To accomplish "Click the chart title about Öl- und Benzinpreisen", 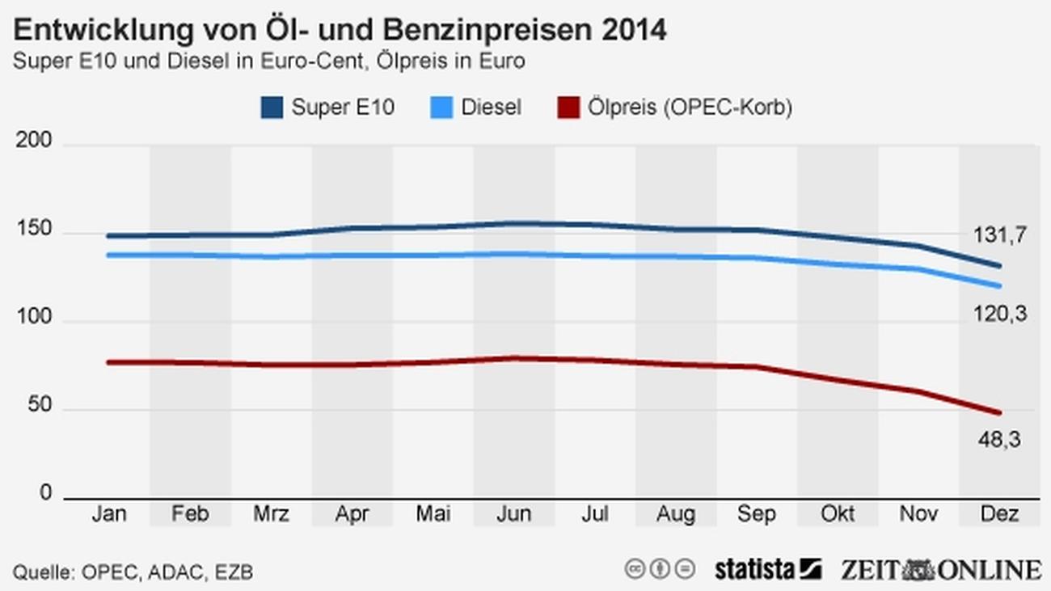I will point(340,31).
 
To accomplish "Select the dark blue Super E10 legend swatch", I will point(272,108).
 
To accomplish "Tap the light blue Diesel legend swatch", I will point(441,108).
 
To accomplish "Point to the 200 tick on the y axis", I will point(34,142).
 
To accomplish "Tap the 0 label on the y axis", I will point(46,493).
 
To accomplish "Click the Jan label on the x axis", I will point(109,514).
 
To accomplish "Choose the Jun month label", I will point(513,514).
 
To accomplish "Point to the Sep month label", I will point(757,514).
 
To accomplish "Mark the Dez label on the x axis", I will point(999,514).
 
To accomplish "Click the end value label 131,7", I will point(999,235).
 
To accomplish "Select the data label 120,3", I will point(999,314).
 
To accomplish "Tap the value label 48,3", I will point(999,439).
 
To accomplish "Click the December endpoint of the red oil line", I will point(999,413).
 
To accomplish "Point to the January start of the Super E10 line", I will point(109,236).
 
